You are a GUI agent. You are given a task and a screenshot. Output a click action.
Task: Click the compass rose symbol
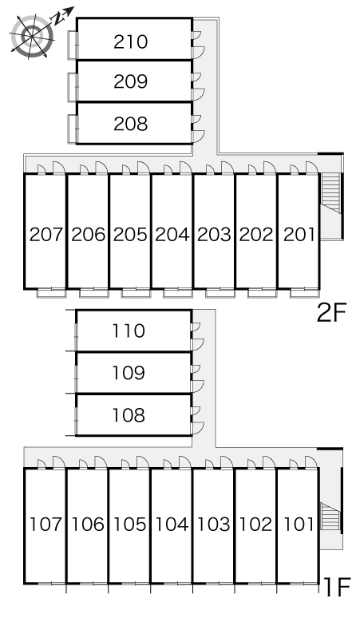point(32,36)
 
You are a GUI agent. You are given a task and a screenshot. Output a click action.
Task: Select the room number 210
point(131,42)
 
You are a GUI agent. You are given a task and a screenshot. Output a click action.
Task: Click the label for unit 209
point(131,81)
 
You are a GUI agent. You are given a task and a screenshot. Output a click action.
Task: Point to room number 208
point(131,124)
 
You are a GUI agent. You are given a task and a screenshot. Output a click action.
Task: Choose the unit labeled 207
point(46,235)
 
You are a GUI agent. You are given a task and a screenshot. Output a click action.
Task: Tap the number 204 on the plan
point(172,235)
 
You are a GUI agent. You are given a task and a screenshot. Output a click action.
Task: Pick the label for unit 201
point(299,235)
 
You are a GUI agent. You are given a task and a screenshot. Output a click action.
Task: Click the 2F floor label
point(331,312)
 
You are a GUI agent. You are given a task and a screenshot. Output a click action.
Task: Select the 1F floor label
point(337,587)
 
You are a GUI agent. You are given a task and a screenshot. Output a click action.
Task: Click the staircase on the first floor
point(330,517)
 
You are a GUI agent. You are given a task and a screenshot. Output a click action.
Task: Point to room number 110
point(129,331)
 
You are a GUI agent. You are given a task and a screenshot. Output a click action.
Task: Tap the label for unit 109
point(129,372)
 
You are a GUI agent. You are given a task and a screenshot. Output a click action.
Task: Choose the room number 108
point(129,415)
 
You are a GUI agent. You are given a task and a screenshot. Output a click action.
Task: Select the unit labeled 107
point(45,525)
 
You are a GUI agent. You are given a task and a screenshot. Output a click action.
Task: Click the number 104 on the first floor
point(172,525)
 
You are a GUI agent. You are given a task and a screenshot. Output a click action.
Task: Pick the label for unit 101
point(299,525)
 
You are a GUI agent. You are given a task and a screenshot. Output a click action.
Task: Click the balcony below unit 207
point(51,293)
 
